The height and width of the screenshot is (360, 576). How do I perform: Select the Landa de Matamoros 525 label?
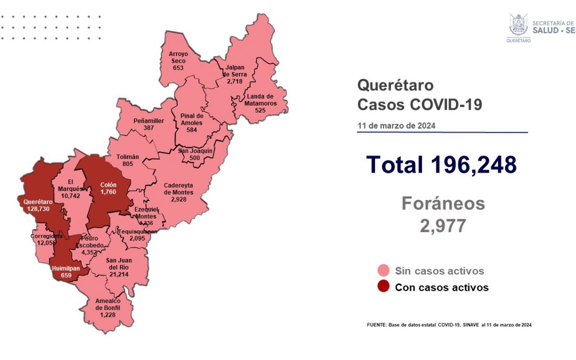(x=261, y=100)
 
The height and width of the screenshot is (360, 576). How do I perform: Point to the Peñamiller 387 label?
(x=150, y=124)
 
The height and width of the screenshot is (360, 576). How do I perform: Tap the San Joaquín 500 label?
(x=196, y=155)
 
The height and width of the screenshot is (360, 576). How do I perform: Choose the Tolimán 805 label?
(x=127, y=161)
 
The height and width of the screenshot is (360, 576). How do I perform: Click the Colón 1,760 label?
(x=109, y=189)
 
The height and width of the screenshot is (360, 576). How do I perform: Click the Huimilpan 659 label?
(x=66, y=272)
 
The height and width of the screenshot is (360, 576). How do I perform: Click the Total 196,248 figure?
(x=442, y=165)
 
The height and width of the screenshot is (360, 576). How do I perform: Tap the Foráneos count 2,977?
(x=443, y=226)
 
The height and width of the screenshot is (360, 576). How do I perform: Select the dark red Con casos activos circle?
(x=382, y=287)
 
